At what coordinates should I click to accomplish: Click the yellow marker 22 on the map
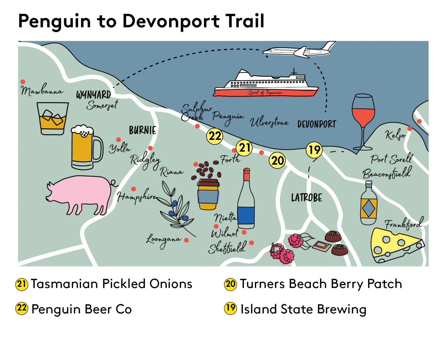coord(214,136)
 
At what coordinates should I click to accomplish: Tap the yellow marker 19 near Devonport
coord(314,150)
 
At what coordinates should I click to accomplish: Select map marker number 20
coord(277,160)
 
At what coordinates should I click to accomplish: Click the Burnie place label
coord(143,130)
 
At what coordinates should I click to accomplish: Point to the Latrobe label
coord(306,198)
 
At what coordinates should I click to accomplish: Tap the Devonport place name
coord(317,124)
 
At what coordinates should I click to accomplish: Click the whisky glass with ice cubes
coord(52,119)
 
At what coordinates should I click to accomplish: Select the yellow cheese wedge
coord(395,245)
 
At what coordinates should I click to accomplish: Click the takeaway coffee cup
coord(208,194)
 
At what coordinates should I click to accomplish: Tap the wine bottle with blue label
coord(246,201)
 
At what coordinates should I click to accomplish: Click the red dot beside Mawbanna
coord(23,82)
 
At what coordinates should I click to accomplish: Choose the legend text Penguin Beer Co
coord(82,309)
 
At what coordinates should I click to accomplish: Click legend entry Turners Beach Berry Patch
coord(321,284)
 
